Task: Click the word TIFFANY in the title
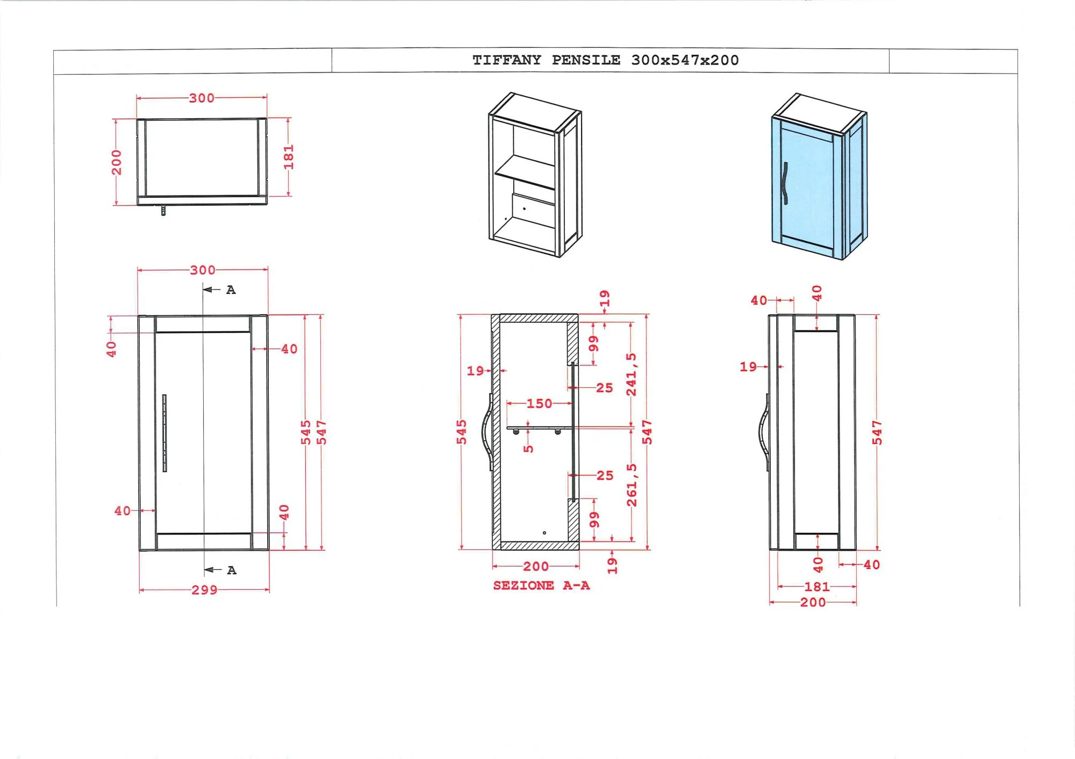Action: (507, 60)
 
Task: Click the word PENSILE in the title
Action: (586, 60)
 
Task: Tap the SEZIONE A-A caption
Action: (541, 585)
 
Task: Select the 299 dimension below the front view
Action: (204, 590)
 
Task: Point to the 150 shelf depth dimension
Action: (539, 403)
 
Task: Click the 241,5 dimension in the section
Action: (632, 374)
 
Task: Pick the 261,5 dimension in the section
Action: (632, 485)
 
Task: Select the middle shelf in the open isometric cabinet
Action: (525, 172)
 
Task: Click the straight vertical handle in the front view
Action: (164, 433)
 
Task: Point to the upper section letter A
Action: (231, 290)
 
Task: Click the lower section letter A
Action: (232, 570)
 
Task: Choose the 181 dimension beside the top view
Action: (289, 157)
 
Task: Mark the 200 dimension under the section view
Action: (536, 566)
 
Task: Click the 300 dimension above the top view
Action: (202, 98)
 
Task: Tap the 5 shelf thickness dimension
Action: (528, 448)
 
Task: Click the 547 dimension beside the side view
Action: (877, 433)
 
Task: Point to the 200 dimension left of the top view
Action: (117, 163)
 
